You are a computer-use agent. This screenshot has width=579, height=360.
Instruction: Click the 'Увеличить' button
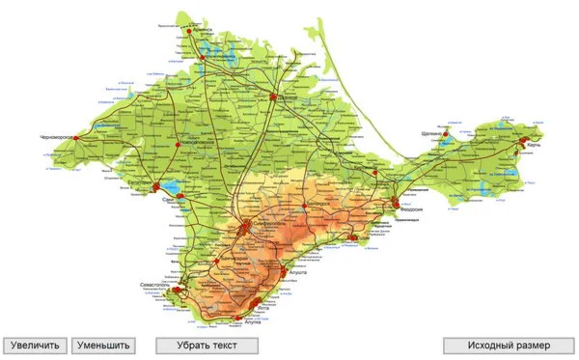(35, 345)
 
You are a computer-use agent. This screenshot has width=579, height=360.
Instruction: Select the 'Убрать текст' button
(207, 345)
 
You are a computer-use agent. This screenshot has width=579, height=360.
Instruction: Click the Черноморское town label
(56, 138)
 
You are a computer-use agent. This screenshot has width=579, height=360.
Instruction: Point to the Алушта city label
(295, 273)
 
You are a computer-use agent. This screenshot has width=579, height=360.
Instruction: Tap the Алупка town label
(249, 321)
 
